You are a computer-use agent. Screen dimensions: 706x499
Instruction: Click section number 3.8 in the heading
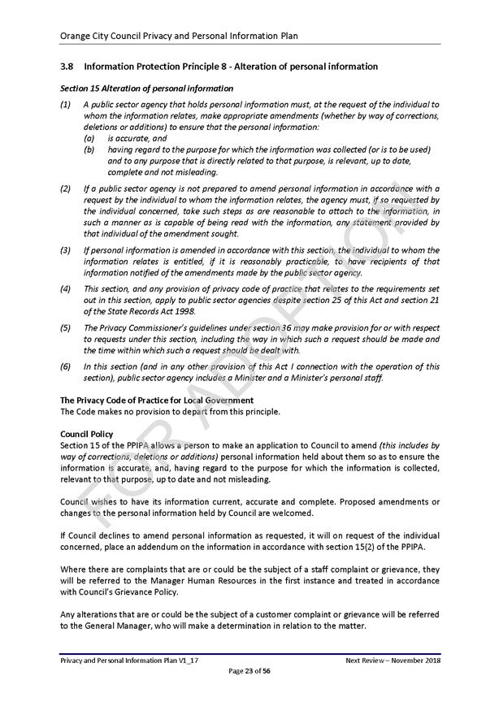pyautogui.click(x=67, y=66)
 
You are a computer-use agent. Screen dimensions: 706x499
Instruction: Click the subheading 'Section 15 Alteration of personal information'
pyautogui.click(x=146, y=89)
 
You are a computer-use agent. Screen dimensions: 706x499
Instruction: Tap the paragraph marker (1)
pyautogui.click(x=65, y=105)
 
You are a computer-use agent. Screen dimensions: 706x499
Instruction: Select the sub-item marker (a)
pyautogui.click(x=89, y=138)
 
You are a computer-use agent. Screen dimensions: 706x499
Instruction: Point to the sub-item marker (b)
pyautogui.click(x=89, y=149)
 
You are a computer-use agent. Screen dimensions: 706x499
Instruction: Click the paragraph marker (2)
pyautogui.click(x=65, y=188)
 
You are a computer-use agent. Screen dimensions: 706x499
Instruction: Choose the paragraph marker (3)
pyautogui.click(x=65, y=250)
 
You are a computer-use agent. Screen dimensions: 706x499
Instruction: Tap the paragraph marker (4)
pyautogui.click(x=65, y=288)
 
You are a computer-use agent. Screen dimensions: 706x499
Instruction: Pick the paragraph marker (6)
pyautogui.click(x=65, y=366)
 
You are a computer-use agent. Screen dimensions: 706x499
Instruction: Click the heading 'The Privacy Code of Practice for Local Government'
pyautogui.click(x=157, y=401)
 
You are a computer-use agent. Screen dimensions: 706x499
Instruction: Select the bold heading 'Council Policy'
pyautogui.click(x=87, y=435)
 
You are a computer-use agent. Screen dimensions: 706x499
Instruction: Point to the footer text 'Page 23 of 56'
pyautogui.click(x=249, y=670)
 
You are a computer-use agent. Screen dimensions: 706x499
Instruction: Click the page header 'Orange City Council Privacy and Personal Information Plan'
pyautogui.click(x=179, y=36)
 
